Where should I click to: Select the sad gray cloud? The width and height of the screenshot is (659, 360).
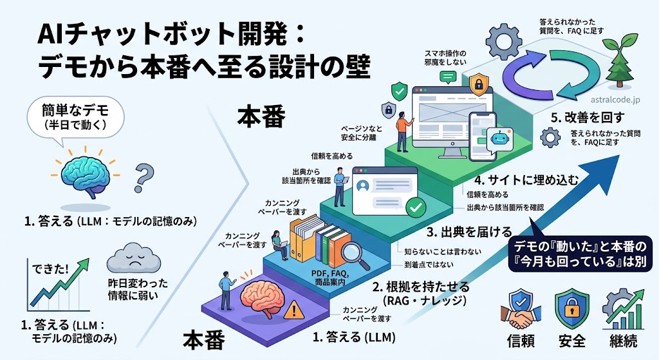click(133, 257)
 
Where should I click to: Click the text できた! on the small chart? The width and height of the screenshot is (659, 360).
click(50, 269)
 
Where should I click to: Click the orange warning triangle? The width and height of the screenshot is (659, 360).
click(293, 311)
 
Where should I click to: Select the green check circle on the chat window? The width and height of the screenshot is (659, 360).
click(416, 207)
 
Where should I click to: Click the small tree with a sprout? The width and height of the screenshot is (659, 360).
click(620, 62)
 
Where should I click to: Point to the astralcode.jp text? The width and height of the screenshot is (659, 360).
click(615, 100)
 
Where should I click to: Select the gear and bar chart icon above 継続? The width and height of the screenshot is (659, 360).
click(623, 309)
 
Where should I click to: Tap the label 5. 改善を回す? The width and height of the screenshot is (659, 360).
click(587, 117)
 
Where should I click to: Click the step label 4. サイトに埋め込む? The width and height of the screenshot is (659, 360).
click(526, 180)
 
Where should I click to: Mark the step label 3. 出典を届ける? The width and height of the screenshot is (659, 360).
click(469, 232)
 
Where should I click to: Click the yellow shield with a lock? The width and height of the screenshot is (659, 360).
click(479, 84)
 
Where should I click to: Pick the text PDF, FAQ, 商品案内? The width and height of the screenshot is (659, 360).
click(330, 278)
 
